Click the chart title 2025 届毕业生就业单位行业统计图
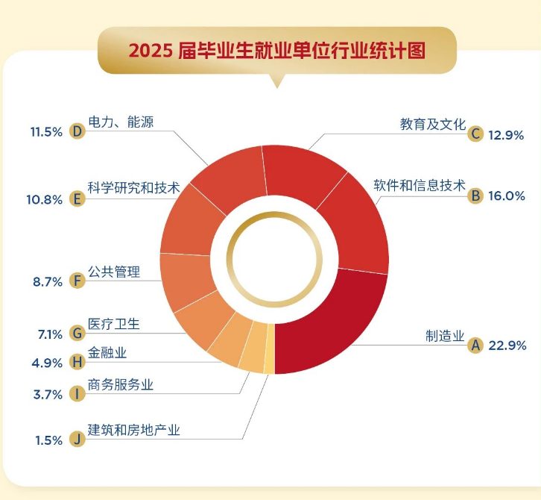(276, 51)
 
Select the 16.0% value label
(507, 196)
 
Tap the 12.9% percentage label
(507, 135)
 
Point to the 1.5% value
(48, 440)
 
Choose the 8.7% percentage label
(48, 281)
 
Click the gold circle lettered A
(475, 346)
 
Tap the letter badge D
(76, 131)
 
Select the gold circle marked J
(76, 439)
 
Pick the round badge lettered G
(76, 334)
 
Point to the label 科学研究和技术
(134, 188)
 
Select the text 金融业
(109, 352)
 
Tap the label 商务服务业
(121, 385)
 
